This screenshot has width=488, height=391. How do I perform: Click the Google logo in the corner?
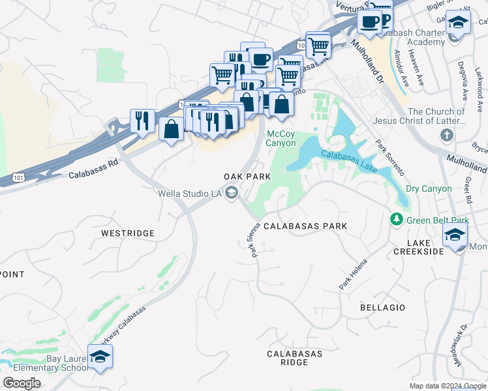(22, 383)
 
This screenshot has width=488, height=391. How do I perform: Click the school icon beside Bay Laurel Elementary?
(100, 356)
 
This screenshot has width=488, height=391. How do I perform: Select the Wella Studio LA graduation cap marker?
(232, 192)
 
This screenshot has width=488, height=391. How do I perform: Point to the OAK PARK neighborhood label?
(247, 177)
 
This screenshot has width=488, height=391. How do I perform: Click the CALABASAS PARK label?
(305, 226)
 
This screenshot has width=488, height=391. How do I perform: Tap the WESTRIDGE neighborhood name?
(128, 233)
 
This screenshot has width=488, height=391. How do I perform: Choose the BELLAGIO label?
(382, 307)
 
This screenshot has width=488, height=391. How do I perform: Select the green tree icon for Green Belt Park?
(396, 220)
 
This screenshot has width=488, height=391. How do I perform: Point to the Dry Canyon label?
(428, 189)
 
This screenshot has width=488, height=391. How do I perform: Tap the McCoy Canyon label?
(282, 138)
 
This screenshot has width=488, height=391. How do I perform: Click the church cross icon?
(446, 136)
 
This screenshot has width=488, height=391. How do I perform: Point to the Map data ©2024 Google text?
(448, 386)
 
